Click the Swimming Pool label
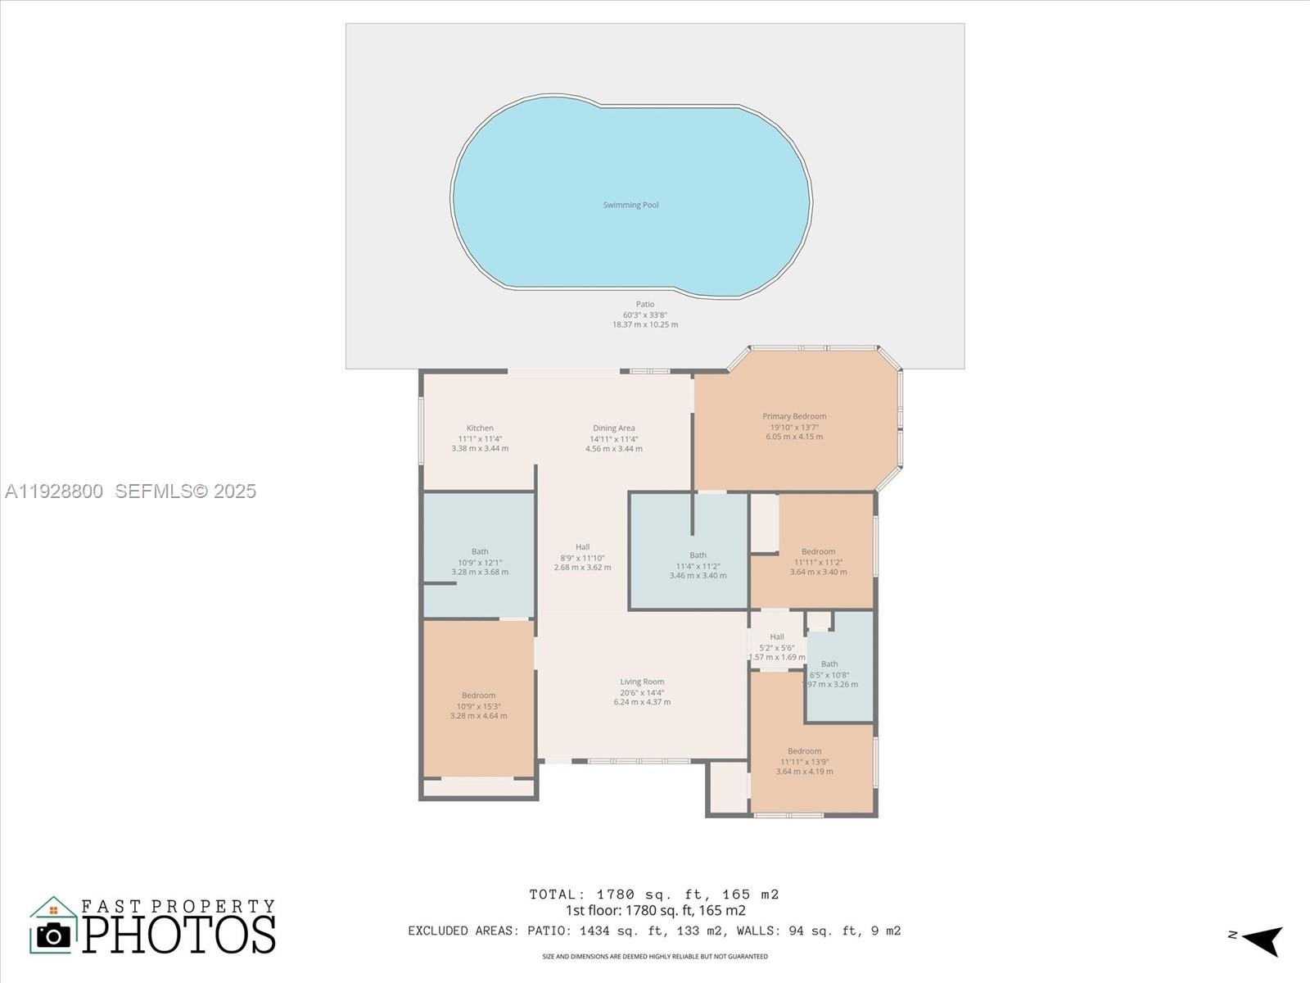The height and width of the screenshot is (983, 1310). click(630, 205)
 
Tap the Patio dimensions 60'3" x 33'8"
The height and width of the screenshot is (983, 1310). click(645, 315)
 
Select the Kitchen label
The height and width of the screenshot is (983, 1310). click(480, 428)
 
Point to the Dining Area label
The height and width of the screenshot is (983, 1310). click(613, 428)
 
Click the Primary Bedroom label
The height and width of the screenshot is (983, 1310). click(794, 416)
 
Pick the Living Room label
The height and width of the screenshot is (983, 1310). click(642, 682)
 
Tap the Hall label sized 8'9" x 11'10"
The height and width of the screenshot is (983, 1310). click(582, 547)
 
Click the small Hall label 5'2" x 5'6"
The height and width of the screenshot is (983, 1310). click(777, 636)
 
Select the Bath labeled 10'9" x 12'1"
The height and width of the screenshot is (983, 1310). click(480, 552)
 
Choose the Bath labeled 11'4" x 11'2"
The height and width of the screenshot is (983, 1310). click(698, 555)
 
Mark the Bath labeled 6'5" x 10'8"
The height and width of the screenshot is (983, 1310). click(829, 664)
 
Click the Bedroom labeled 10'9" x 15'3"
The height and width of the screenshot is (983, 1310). click(478, 695)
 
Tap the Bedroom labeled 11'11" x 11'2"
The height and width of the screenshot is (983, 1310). click(818, 552)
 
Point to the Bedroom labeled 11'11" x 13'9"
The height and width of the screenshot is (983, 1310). click(804, 751)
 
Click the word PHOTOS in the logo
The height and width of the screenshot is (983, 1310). click(178, 935)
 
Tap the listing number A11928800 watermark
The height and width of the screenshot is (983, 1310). click(54, 491)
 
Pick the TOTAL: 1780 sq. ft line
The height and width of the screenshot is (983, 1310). click(654, 895)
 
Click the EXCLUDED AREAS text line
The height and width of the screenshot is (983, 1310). click(654, 931)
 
